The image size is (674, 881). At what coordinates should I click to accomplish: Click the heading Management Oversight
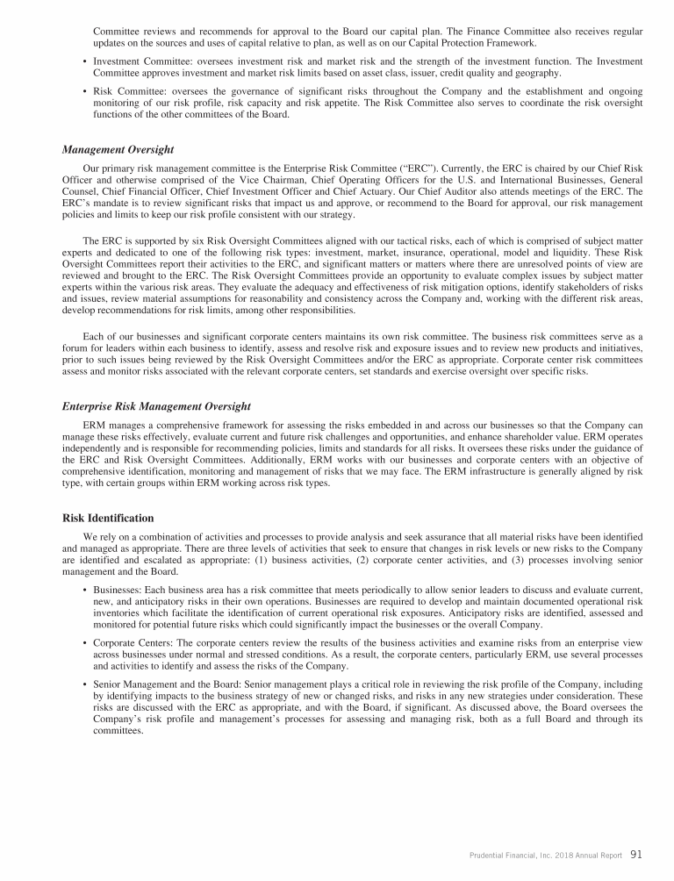(x=118, y=149)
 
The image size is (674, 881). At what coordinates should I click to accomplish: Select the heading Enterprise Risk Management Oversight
(x=157, y=406)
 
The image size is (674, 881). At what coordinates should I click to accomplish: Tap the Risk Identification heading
(x=109, y=518)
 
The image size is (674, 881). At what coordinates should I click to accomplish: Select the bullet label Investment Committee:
(x=135, y=61)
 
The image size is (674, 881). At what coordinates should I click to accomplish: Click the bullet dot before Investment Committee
(x=83, y=61)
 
